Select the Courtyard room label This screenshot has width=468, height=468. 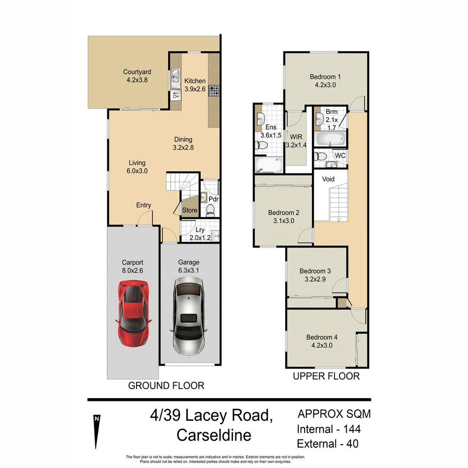tap(137, 72)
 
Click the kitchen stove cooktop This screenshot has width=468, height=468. tap(214, 91)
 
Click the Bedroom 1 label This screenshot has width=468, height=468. tap(325, 77)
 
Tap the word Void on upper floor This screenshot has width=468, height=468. tap(328, 179)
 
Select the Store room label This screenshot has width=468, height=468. tap(189, 211)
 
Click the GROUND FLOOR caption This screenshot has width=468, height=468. tap(166, 385)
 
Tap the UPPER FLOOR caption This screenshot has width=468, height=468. tap(326, 376)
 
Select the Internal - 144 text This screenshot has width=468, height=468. tap(328, 429)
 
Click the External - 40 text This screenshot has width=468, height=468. tap(328, 444)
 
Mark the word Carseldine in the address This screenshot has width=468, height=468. tap(214, 435)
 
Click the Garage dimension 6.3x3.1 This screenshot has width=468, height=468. tap(189, 270)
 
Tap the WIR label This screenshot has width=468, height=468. tap(296, 137)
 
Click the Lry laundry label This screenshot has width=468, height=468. tap(200, 230)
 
